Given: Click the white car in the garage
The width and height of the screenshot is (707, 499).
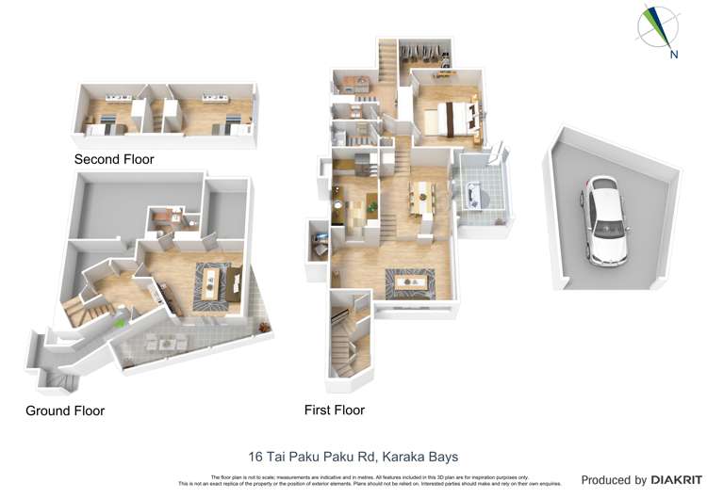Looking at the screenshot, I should [603, 221].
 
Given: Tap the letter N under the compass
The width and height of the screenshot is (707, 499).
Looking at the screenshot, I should [673, 55].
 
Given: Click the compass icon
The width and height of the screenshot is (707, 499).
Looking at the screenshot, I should [657, 26].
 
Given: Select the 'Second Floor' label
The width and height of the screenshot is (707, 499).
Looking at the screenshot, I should [114, 159].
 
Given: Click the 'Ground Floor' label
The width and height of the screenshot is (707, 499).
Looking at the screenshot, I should [65, 410].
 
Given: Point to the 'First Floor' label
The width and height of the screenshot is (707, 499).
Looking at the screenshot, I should [334, 410].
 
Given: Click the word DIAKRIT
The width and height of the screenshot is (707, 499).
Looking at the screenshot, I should [673, 480].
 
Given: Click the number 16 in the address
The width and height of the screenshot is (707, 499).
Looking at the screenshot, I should [255, 457].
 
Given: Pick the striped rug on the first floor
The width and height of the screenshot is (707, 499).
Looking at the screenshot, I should [409, 280].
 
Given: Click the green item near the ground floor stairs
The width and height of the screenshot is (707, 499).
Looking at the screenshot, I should [119, 323].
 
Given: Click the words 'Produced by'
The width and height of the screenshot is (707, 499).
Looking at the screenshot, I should [614, 480].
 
